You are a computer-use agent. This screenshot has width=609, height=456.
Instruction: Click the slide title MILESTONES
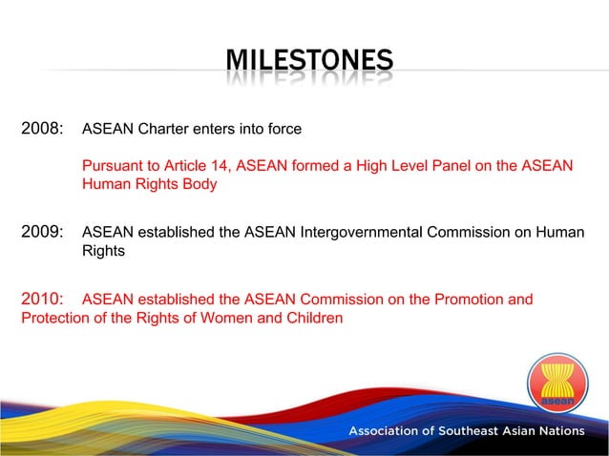308,63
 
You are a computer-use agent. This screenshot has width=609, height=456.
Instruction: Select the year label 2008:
42,128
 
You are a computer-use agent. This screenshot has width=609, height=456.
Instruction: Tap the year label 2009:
42,231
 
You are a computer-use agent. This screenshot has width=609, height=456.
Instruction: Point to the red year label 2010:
42,300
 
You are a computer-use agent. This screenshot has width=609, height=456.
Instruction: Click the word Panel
435,166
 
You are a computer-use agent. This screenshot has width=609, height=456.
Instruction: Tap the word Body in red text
199,184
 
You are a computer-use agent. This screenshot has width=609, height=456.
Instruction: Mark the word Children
312,318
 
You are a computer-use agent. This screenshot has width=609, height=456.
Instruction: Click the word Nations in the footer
558,431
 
